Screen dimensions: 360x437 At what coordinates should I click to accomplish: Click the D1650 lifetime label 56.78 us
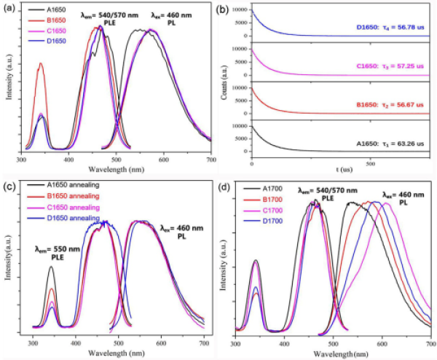click(x=388, y=31)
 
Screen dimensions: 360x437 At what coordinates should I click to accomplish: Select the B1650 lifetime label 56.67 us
click(x=388, y=103)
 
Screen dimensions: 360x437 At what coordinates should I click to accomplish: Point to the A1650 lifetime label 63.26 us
click(x=388, y=143)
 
